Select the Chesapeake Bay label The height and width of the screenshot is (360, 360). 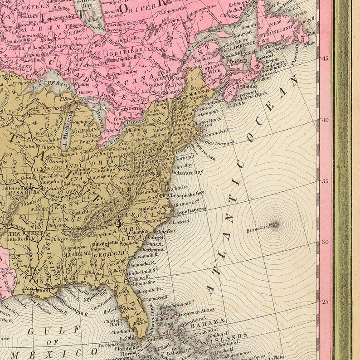click(x=186, y=194)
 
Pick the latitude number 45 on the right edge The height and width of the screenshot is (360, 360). click(x=325, y=58)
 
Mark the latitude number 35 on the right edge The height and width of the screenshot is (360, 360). click(x=325, y=181)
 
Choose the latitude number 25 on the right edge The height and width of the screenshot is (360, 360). click(x=325, y=302)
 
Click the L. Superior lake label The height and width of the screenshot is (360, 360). click(x=54, y=84)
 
